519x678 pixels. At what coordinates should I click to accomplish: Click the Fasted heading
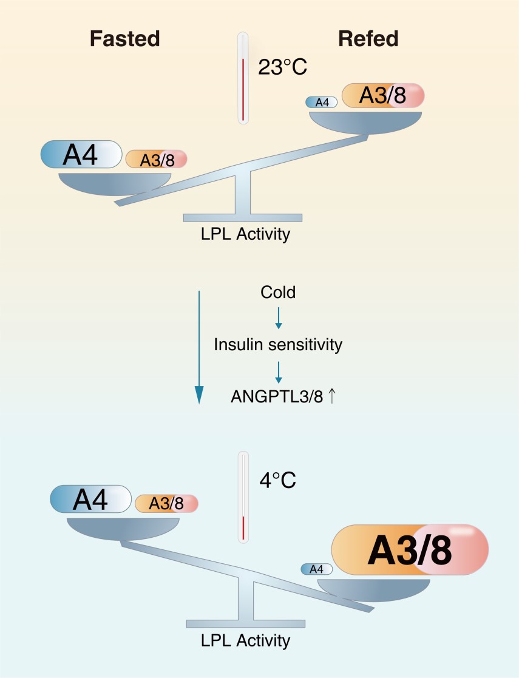pyautogui.click(x=125, y=38)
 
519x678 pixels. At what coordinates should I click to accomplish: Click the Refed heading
pyautogui.click(x=368, y=38)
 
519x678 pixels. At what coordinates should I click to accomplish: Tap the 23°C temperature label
pyautogui.click(x=282, y=67)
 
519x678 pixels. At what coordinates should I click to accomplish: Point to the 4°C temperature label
pyautogui.click(x=277, y=480)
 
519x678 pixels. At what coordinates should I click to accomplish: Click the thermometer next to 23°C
pyautogui.click(x=243, y=78)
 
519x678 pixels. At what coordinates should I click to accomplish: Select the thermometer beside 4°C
pyautogui.click(x=243, y=497)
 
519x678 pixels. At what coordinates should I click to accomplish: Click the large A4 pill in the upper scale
pyautogui.click(x=81, y=154)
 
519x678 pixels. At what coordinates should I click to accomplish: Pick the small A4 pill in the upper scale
pyautogui.click(x=321, y=103)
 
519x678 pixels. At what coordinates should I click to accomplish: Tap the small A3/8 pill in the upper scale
pyautogui.click(x=156, y=160)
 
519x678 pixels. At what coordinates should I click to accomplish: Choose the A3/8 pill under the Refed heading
pyautogui.click(x=383, y=95)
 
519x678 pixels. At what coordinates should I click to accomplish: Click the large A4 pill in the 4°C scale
pyautogui.click(x=91, y=499)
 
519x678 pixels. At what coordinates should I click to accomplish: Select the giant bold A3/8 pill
pyautogui.click(x=410, y=550)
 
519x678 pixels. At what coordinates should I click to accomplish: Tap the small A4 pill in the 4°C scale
pyautogui.click(x=317, y=569)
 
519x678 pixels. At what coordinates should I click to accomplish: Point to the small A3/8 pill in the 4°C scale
pyautogui.click(x=166, y=504)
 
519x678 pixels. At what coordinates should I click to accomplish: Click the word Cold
pyautogui.click(x=278, y=293)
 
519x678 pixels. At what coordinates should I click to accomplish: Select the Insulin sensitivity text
pyautogui.click(x=278, y=345)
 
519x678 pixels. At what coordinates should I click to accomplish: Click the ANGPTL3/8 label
pyautogui.click(x=277, y=396)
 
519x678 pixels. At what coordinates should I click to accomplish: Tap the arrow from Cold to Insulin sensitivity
pyautogui.click(x=279, y=318)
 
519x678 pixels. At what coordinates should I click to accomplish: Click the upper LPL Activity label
pyautogui.click(x=245, y=234)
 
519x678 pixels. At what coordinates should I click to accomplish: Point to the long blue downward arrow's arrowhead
pyautogui.click(x=199, y=395)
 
